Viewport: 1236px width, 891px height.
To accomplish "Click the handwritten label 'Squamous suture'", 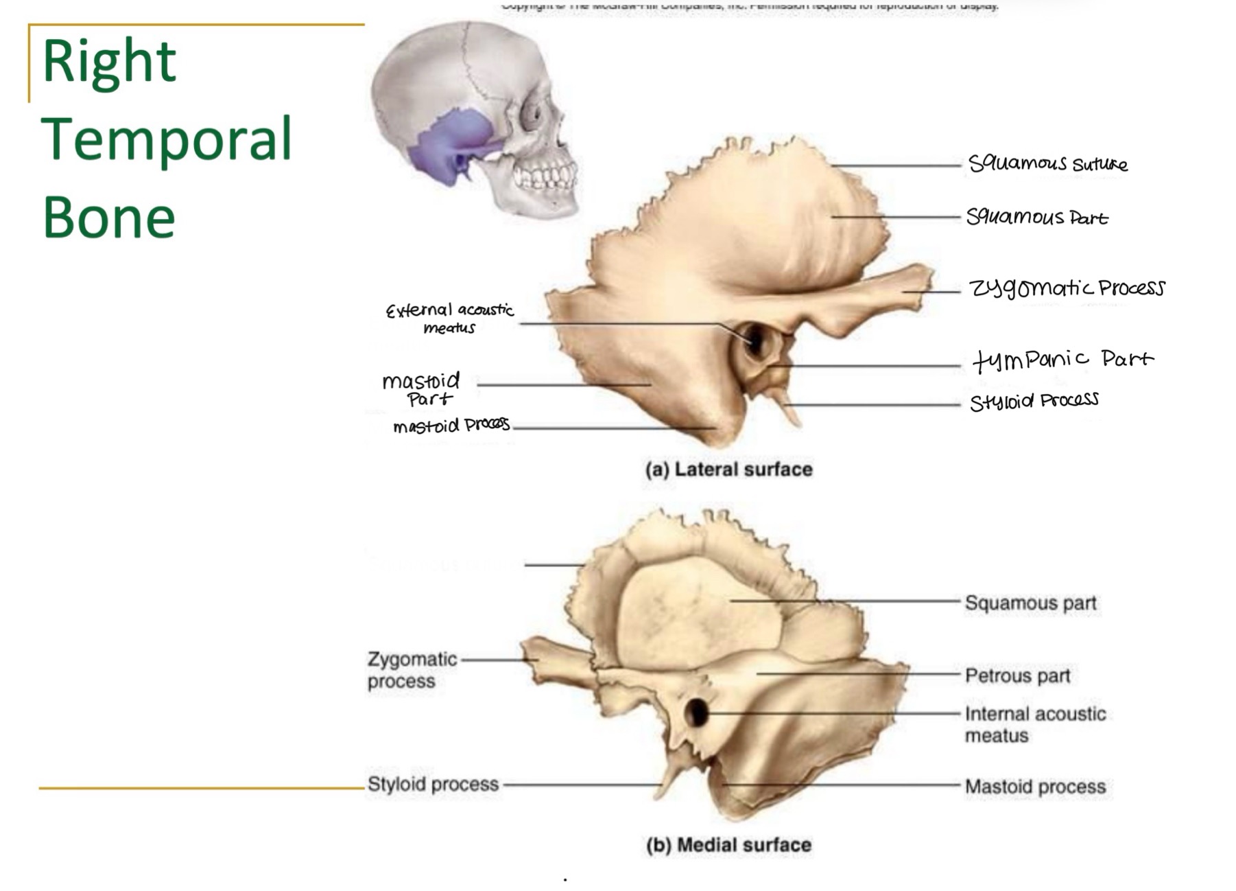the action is (x=1047, y=163).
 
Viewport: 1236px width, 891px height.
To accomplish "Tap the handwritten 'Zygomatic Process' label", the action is (x=1067, y=288).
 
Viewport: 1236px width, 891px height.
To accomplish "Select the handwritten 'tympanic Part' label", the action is (x=1063, y=359).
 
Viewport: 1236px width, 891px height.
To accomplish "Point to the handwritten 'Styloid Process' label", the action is (x=1034, y=401).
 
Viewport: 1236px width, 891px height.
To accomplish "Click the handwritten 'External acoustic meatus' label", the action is (x=449, y=319).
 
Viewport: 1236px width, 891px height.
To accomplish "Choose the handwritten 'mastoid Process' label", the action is (x=451, y=426).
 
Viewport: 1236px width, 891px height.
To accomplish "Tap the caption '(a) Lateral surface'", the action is (x=728, y=470).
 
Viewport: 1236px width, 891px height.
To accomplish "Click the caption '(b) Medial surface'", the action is (x=728, y=845).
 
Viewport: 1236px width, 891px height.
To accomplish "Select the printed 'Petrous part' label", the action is (x=1017, y=676).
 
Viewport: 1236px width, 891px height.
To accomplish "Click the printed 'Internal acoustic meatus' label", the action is (x=1035, y=724).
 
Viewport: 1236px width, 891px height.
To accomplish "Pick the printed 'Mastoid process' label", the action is (x=1035, y=787).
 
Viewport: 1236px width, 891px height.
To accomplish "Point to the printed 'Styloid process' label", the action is (x=433, y=784).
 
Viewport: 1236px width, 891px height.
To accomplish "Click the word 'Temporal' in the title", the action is (x=167, y=139).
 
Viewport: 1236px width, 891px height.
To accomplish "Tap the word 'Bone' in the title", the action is (x=109, y=217).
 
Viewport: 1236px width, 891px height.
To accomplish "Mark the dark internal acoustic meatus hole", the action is (x=697, y=713).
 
